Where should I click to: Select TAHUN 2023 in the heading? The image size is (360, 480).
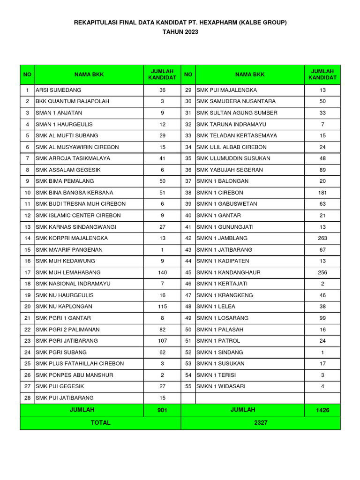pos(180,32)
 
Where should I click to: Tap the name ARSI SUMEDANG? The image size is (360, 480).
pos(59,90)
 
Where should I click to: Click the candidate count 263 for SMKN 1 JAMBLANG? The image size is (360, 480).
pos(322,238)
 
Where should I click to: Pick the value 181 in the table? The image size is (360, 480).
pos(322,193)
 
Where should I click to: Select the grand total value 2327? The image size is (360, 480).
pos(261,423)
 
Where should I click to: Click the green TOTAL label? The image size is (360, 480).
pos(100,423)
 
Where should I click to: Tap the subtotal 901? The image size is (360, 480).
pos(162,410)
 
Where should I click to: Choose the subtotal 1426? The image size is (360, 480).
pos(322,410)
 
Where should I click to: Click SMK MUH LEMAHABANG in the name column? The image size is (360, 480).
pos(68,272)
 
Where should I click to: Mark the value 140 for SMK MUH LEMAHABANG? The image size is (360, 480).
pos(162,272)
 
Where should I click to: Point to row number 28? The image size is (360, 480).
pos(27,398)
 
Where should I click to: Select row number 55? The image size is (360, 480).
pos(188,386)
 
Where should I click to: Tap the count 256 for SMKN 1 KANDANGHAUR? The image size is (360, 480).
pos(322,272)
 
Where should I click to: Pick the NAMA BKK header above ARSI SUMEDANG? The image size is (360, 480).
pos(89,74)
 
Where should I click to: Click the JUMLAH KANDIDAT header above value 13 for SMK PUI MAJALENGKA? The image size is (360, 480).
pos(322,74)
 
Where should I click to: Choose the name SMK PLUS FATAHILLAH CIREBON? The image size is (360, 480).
pos(80,364)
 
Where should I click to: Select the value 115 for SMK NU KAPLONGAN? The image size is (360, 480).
pos(162,307)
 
